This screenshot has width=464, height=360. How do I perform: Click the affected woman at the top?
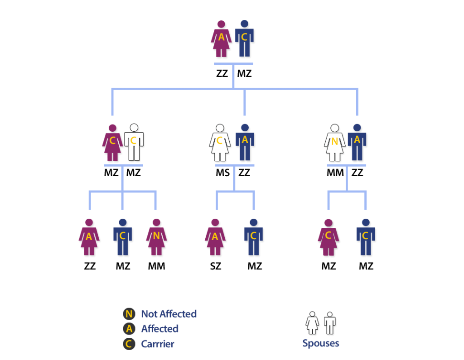pos(221,39)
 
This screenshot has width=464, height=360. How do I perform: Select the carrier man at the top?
pos(244,39)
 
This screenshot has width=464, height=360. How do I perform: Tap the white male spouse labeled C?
pos(134,142)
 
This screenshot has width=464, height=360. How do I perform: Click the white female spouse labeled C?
pos(220,142)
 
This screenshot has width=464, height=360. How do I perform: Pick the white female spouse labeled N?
pos(334,142)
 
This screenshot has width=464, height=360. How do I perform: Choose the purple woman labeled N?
pos(156,237)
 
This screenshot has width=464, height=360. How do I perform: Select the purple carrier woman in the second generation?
pos(112,142)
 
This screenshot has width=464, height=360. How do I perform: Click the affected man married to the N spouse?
pos(357,142)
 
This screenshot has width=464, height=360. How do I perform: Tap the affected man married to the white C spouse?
pos(245,142)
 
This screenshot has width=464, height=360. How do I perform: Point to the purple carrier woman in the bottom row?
pos(328,237)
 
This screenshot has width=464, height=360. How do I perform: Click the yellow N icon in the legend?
pos(129,314)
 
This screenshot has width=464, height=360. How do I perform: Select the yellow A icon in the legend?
pos(129,329)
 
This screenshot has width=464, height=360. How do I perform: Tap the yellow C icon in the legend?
pos(129,344)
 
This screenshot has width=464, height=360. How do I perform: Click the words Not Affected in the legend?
pos(169,314)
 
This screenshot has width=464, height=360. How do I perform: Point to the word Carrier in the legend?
pos(157,344)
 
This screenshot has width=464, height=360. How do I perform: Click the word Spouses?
pos(320,343)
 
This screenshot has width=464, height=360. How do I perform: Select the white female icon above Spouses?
pos(312,323)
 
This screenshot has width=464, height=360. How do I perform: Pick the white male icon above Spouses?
pos(329,323)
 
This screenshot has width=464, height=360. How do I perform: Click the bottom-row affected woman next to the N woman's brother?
pos(89,237)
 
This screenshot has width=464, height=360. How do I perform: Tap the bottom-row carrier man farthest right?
pos(365,237)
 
